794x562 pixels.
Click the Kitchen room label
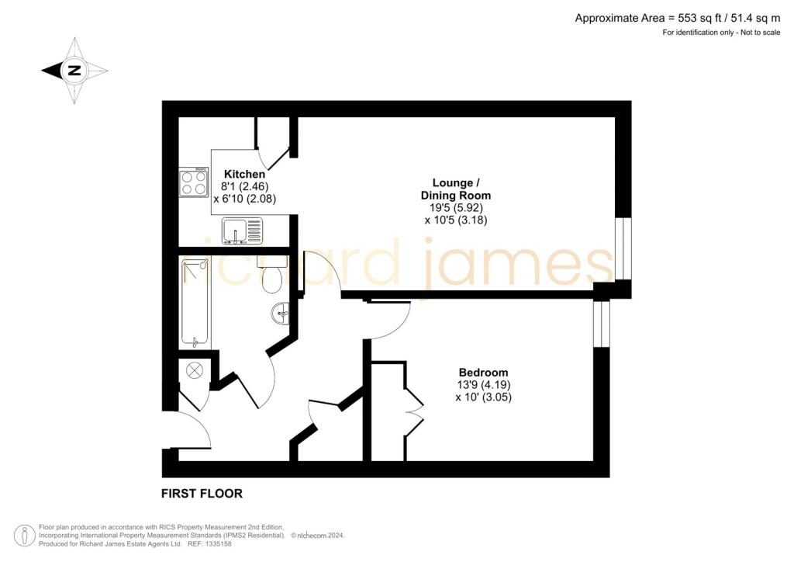[x=244, y=174]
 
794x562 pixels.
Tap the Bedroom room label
[x=483, y=373]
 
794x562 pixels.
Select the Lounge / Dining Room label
[x=456, y=189]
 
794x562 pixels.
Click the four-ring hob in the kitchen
[x=193, y=182]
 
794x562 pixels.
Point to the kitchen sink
[x=242, y=231]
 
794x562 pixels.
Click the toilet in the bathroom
[x=272, y=274]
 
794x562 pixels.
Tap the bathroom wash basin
[x=280, y=314]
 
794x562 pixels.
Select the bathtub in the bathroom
[x=195, y=304]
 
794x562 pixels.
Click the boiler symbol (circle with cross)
[x=195, y=370]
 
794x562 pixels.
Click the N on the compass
[x=74, y=71]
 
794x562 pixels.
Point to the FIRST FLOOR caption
[x=202, y=493]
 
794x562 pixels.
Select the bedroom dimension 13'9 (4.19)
[x=483, y=385]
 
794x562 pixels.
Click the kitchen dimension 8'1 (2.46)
[x=244, y=186]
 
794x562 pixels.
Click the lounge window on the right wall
[x=623, y=249]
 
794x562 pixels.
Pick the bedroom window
[x=602, y=324]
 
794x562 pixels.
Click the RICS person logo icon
[x=24, y=536]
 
